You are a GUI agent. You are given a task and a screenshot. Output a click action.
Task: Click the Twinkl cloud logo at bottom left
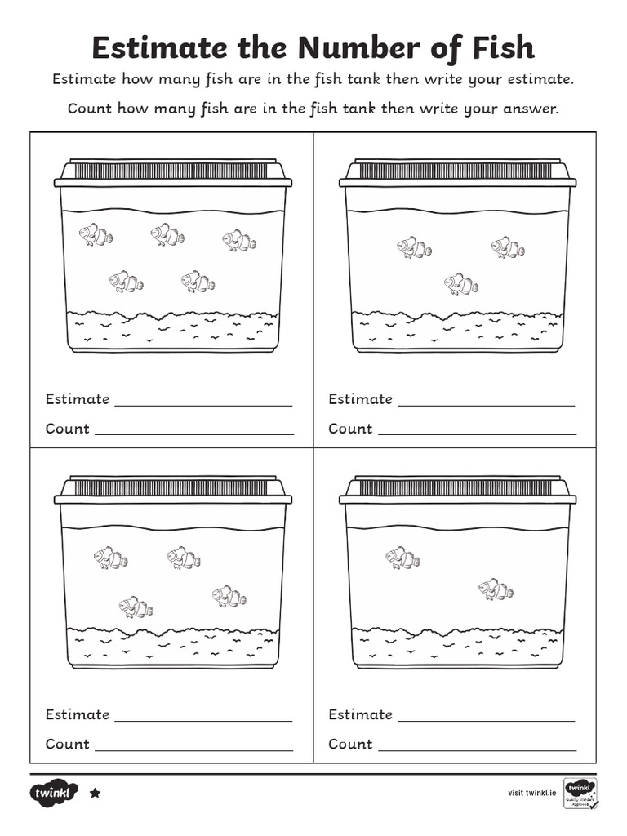[54, 792]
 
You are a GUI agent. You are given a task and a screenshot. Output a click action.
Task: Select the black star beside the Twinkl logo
[95, 792]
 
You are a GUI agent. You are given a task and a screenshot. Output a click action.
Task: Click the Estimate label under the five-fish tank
[78, 399]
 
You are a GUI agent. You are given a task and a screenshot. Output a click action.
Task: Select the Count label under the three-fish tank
[350, 429]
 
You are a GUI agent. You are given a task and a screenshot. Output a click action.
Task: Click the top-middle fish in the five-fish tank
[167, 235]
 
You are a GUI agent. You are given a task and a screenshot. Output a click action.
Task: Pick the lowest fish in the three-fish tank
[461, 284]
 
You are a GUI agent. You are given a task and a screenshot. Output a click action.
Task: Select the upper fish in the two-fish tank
[402, 558]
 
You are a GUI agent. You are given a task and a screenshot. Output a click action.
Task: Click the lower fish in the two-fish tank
[496, 589]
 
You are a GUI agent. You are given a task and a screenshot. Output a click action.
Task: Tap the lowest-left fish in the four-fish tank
[136, 607]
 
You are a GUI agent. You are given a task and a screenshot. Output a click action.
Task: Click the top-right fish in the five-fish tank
[239, 240]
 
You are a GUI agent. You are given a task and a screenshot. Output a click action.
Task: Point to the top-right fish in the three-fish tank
[508, 247]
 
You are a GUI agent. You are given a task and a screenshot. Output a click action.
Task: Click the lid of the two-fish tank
[457, 489]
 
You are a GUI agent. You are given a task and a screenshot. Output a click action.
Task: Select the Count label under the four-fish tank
[67, 744]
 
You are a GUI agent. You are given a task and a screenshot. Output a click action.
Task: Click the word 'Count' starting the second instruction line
[90, 109]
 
